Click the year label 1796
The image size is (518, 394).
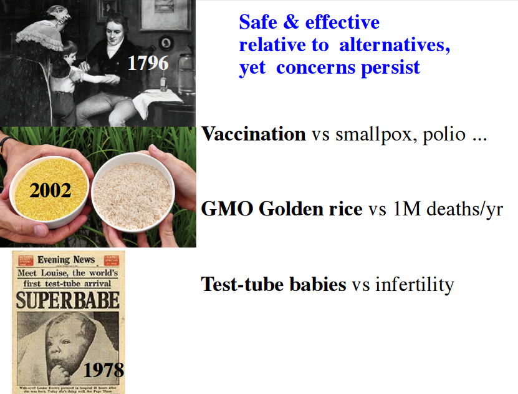[x=148, y=64]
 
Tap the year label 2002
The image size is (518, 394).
[x=51, y=190]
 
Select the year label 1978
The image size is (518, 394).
[x=103, y=370]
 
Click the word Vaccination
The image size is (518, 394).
[x=254, y=134]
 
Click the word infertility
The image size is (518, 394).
[x=415, y=285]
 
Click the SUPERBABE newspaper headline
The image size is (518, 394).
[x=67, y=300]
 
